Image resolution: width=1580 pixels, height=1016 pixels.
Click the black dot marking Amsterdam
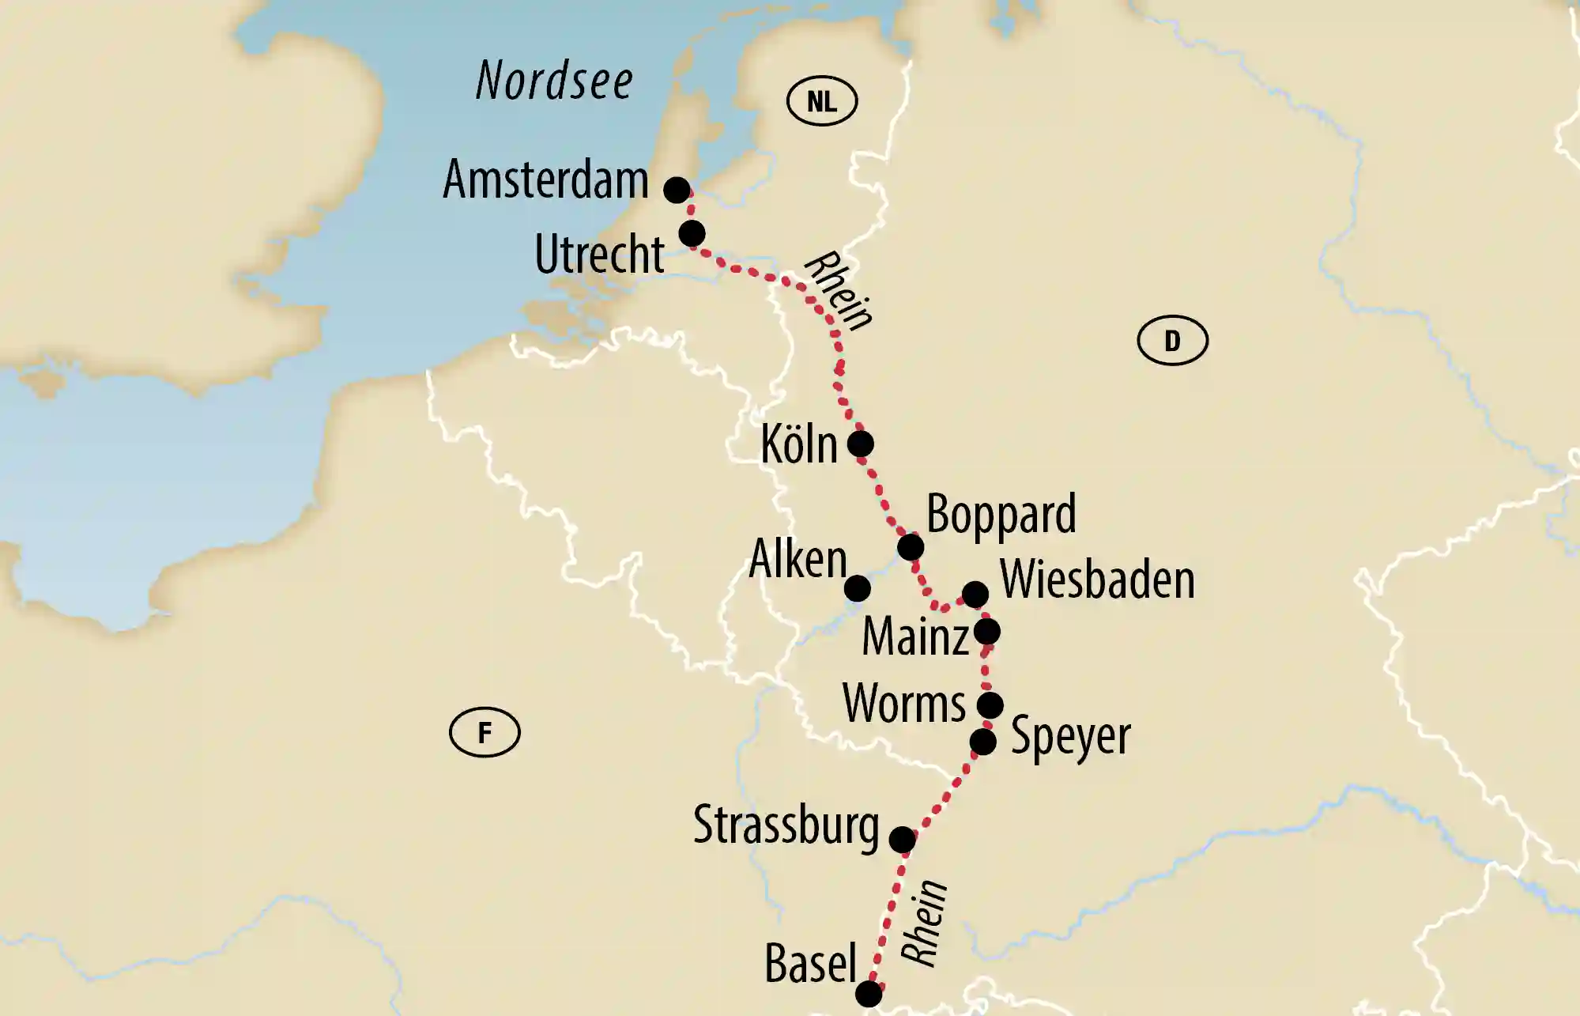tap(677, 190)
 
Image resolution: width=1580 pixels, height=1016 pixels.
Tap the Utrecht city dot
tap(692, 234)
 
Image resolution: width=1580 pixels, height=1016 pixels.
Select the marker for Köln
tap(861, 444)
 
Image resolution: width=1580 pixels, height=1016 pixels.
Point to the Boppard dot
tap(911, 546)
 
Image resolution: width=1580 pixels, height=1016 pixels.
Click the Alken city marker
tap(858, 588)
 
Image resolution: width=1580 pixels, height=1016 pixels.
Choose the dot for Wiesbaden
tap(975, 594)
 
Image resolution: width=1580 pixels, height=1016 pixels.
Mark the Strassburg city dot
tap(903, 840)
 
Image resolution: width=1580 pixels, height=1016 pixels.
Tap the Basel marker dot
tap(869, 994)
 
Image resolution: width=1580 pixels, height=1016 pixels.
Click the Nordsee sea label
tap(554, 81)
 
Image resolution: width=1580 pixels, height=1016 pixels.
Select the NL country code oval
tap(822, 101)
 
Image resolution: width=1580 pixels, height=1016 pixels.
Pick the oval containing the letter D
tap(1172, 341)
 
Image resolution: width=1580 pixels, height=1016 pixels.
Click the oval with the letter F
tap(485, 732)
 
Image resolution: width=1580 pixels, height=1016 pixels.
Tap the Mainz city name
tap(915, 636)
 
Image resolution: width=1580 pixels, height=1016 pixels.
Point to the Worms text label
tap(904, 703)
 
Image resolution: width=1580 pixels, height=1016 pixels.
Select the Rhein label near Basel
tap(925, 923)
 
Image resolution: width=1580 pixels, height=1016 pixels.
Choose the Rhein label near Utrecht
tap(839, 290)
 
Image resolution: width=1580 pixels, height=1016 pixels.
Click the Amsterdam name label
tap(545, 179)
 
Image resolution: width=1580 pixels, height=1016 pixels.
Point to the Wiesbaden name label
tap(1097, 580)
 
